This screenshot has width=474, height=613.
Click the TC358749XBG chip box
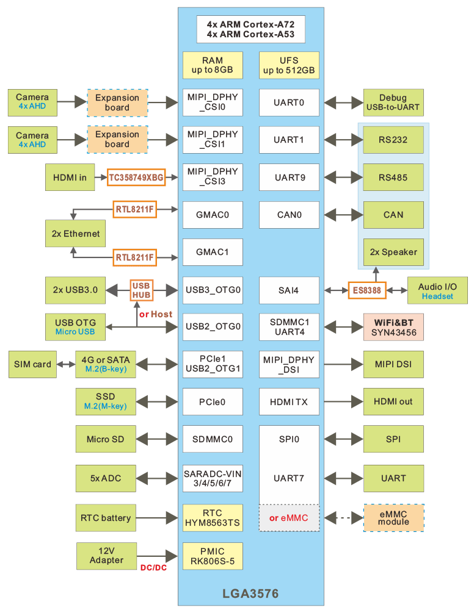coord(136,177)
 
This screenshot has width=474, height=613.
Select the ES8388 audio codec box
coord(367,291)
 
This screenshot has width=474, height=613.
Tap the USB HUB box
coord(141,290)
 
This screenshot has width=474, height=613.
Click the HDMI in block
coord(70,177)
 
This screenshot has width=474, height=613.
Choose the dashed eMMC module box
coord(393,518)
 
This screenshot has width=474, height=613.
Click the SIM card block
coord(32,364)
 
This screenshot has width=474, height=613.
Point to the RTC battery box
coord(106,518)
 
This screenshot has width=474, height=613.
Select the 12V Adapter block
coord(106,555)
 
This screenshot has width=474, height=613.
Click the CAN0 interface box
coord(289,215)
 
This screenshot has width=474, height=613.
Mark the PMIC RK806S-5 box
coord(212,556)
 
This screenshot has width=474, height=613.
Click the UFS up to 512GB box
coord(289,65)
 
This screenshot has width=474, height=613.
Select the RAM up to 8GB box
coord(212,65)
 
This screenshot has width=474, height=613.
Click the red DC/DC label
coord(154,568)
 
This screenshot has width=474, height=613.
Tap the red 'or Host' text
coord(155,314)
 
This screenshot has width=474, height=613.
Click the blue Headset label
coord(437,296)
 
